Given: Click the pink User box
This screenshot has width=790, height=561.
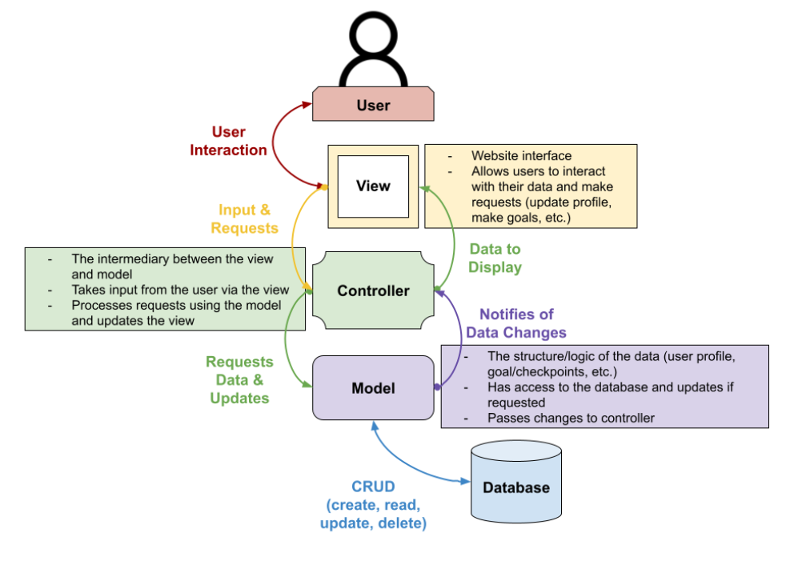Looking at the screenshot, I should (x=373, y=105).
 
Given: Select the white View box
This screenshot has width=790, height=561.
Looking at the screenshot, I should (x=373, y=186).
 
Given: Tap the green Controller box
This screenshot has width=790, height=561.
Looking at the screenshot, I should (x=373, y=291).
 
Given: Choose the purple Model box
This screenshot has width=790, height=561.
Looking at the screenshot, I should (x=373, y=388).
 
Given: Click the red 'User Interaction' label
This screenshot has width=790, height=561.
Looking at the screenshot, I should (x=228, y=141).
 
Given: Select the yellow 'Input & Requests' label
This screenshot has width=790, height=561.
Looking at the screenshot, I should (x=244, y=218).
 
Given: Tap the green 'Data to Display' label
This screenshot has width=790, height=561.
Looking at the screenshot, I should (x=495, y=258).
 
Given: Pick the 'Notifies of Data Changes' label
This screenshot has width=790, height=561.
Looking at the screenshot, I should (x=515, y=323).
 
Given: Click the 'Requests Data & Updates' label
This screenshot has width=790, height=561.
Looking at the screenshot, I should (x=239, y=380).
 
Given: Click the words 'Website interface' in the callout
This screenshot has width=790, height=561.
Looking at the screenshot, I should (x=521, y=156).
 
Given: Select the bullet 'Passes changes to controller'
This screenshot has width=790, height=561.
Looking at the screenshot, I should (x=570, y=418).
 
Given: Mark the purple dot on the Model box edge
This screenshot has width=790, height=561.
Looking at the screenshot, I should (x=437, y=387).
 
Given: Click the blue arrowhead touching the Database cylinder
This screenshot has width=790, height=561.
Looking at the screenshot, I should (x=466, y=481).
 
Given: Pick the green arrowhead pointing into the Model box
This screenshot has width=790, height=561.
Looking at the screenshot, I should (x=307, y=386).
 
